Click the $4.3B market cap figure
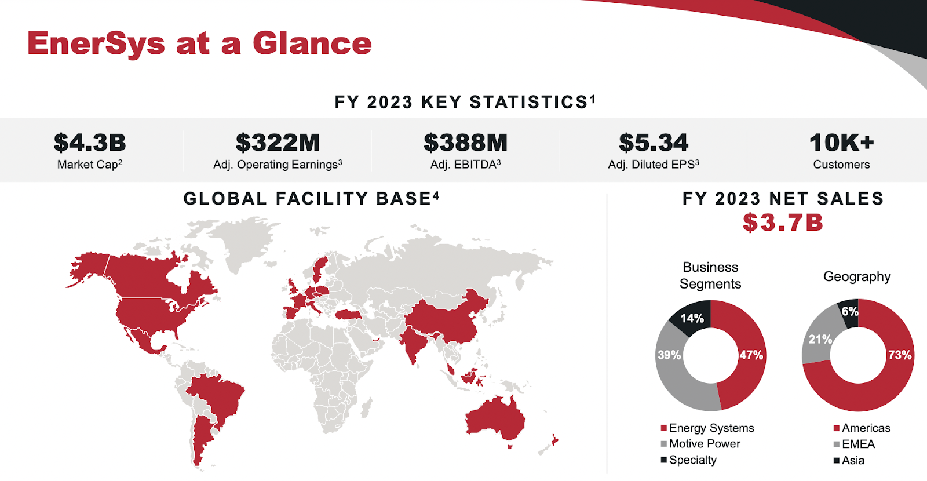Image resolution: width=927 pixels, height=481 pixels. click(x=90, y=143)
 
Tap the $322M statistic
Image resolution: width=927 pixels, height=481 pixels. click(x=278, y=143)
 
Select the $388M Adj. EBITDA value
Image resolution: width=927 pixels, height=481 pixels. click(x=465, y=143)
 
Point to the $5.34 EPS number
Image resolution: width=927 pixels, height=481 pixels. click(x=654, y=143)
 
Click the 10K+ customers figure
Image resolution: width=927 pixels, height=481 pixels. click(x=841, y=143)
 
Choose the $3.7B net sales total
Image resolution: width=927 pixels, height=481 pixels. click(x=783, y=223)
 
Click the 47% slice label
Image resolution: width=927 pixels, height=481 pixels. click(x=751, y=355)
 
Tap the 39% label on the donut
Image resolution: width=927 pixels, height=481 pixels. click(x=669, y=355)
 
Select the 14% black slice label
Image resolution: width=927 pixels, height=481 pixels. click(x=692, y=318)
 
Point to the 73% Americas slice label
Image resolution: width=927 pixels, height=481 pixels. click(x=900, y=355)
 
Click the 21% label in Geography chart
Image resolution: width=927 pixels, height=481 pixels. click(x=820, y=339)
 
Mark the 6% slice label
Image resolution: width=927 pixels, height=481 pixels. click(x=850, y=311)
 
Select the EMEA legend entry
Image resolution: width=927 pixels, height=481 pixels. click(x=857, y=444)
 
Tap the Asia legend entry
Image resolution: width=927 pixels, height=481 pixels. click(x=852, y=460)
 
